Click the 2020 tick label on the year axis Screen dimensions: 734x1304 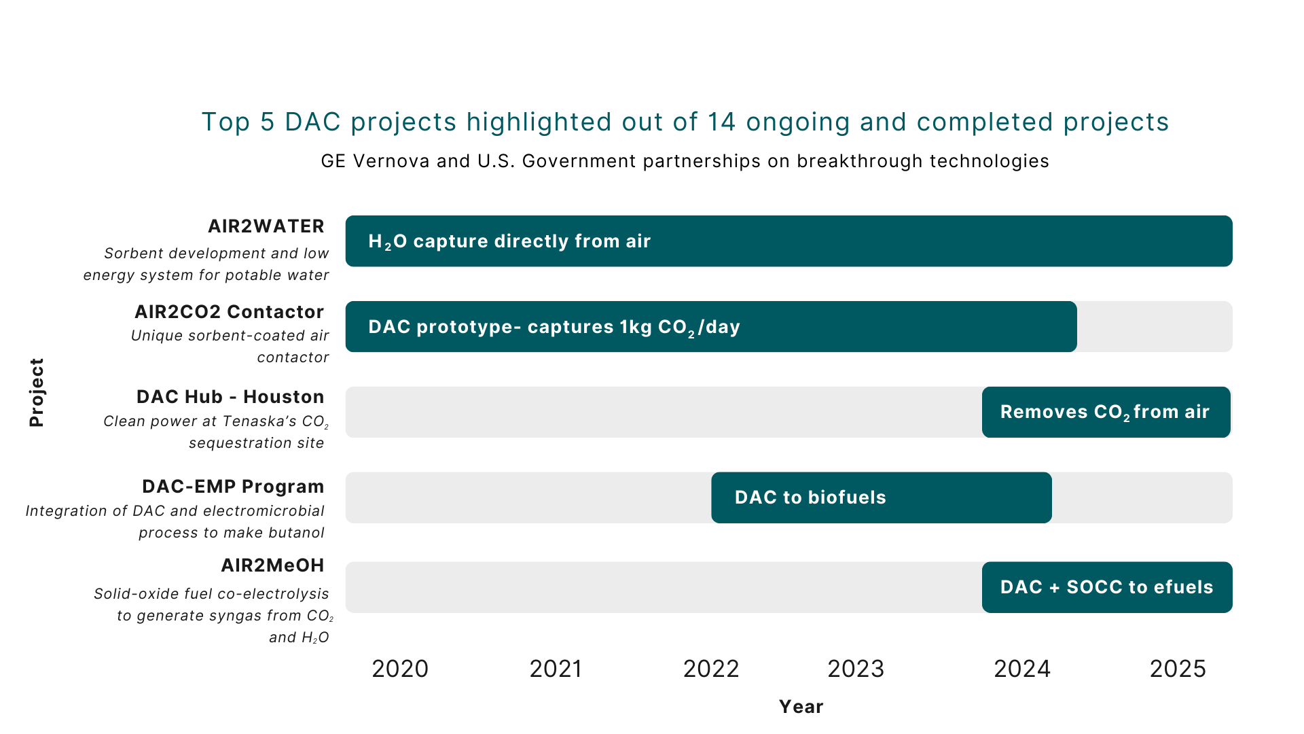[x=400, y=669]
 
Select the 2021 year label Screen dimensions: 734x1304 [x=556, y=669]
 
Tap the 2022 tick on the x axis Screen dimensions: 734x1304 [x=710, y=669]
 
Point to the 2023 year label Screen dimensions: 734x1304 [x=856, y=669]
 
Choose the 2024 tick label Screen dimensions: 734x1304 [x=1022, y=669]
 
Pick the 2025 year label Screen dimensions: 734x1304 [x=1178, y=669]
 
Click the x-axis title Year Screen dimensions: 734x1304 [x=801, y=707]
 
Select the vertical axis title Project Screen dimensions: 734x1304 [x=37, y=392]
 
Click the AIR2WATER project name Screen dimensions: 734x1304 [x=266, y=226]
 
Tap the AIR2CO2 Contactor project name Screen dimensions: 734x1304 [x=230, y=312]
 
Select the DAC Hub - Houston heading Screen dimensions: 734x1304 [x=230, y=397]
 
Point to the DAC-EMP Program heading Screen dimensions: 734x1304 [x=233, y=487]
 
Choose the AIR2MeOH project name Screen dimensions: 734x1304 [x=272, y=565]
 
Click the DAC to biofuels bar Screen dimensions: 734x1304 [x=881, y=497]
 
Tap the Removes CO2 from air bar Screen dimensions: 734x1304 [x=1106, y=412]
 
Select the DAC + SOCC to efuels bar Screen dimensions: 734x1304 [x=1106, y=587]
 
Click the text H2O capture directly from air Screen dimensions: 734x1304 [x=509, y=241]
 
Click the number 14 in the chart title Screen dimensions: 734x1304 [x=722, y=122]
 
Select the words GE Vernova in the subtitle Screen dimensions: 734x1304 [x=376, y=161]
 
